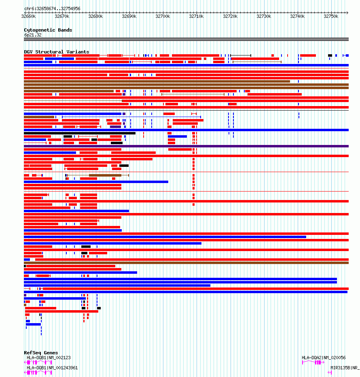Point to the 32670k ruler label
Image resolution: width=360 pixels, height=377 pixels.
pyautogui.click(x=62, y=16)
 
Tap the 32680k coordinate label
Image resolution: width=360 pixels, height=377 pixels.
pyautogui.click(x=95, y=16)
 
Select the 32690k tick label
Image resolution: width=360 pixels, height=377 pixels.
pyautogui.click(x=129, y=16)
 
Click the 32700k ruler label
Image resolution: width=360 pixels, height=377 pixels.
pyautogui.click(x=163, y=16)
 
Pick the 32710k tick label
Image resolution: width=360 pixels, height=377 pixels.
pyautogui.click(x=197, y=16)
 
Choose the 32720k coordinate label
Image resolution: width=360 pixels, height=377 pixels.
pyautogui.click(x=230, y=16)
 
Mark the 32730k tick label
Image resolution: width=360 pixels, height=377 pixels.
pyautogui.click(x=264, y=16)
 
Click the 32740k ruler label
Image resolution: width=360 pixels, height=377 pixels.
pyautogui.click(x=297, y=16)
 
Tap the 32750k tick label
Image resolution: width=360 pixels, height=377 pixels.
pyautogui.click(x=331, y=16)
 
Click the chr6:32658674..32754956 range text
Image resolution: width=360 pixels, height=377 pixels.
pyautogui.click(x=52, y=9)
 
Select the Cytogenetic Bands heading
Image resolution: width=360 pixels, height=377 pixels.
pyautogui.click(x=48, y=30)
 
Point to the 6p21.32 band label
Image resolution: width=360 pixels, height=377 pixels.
pyautogui.click(x=33, y=35)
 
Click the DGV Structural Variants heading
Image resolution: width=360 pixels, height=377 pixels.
pyautogui.click(x=56, y=52)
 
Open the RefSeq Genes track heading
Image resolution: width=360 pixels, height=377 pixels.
pyautogui.click(x=41, y=353)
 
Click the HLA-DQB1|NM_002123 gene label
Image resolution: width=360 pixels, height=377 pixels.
pyautogui.click(x=49, y=358)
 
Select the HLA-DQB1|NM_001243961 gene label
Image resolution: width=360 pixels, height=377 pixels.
pyautogui.click(x=52, y=368)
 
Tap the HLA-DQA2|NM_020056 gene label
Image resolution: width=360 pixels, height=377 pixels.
pyautogui.click(x=324, y=358)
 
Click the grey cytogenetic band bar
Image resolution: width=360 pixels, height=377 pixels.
pyautogui.click(x=186, y=39)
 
